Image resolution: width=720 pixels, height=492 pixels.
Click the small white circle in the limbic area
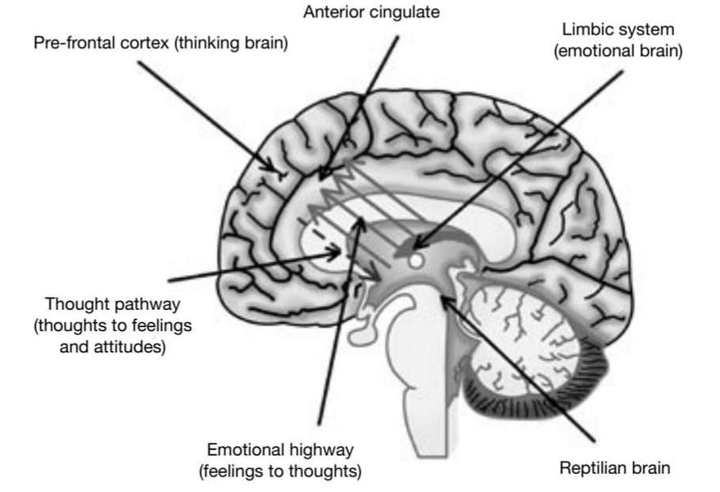pos(417,261)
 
